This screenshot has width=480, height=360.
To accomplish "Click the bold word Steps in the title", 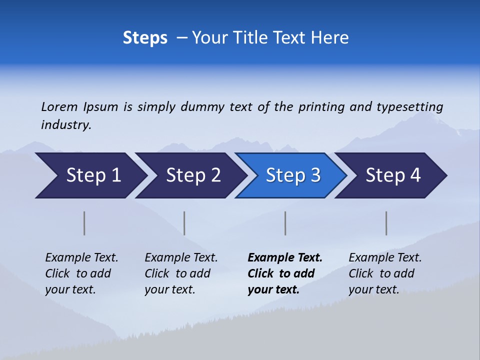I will click(145, 38).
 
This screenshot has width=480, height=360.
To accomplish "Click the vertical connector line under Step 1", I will click(84, 223).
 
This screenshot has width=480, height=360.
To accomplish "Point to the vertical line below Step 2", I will click(184, 223).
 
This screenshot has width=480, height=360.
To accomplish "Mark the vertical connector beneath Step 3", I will click(285, 223).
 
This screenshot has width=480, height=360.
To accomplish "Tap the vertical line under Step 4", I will click(386, 223).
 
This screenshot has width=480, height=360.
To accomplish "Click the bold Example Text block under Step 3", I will click(285, 273).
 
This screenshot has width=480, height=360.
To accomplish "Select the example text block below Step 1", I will click(81, 273).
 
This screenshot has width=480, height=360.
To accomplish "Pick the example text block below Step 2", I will click(181, 273).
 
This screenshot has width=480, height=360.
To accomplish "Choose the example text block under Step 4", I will click(385, 273).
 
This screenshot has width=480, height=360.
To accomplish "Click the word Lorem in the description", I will click(59, 107).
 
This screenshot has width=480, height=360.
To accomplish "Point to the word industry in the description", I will click(66, 125).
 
